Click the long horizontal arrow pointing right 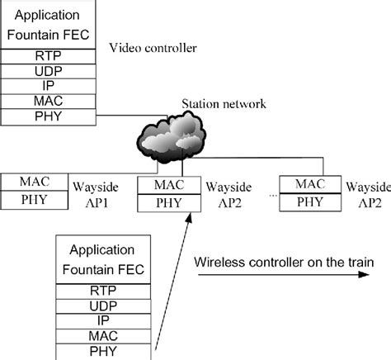click(280, 276)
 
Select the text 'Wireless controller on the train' click(284, 262)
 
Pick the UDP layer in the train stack click(103, 306)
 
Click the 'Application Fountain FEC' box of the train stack click(103, 258)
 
